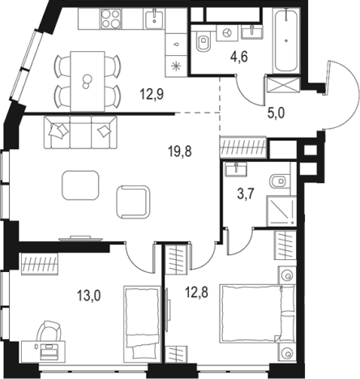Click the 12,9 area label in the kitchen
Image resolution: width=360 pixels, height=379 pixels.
coord(152,95)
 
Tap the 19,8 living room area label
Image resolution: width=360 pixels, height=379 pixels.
coord(180,151)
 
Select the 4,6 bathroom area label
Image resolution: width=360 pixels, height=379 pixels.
coord(239,57)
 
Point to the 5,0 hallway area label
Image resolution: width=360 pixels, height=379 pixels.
coord(276,113)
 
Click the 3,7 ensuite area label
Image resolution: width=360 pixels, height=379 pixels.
coord(246,194)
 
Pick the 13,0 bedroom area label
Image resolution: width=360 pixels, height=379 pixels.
coord(89,296)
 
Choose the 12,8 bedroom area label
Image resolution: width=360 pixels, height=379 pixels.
coord(196,292)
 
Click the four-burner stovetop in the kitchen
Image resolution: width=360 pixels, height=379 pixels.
coord(110,19)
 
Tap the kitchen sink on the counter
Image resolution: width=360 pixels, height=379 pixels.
coord(154,19)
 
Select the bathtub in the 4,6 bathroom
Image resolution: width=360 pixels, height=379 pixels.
coord(286,40)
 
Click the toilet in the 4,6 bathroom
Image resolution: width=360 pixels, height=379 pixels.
coord(203,41)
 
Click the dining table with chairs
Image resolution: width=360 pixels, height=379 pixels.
coord(88,81)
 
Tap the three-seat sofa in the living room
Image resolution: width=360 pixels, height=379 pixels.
coord(81,132)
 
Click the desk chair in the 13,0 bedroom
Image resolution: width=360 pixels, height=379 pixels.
coord(49,331)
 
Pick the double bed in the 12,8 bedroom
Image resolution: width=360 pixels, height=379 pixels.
coord(258,313)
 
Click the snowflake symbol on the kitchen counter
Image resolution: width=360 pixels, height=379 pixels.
coord(176,66)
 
